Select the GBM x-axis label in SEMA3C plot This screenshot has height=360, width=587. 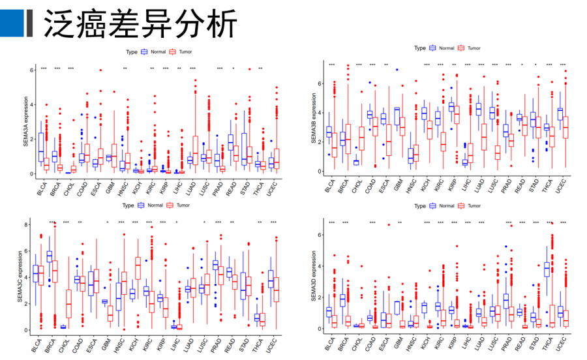coord(106,343)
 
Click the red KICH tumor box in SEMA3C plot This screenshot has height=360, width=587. coord(138,268)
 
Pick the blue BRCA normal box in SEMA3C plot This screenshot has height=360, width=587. coord(49,256)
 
